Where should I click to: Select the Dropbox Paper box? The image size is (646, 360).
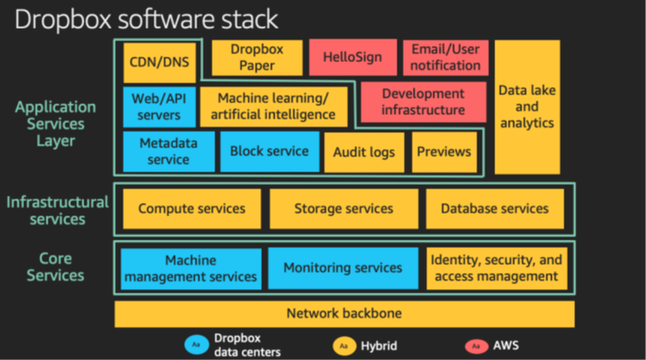coord(251,57)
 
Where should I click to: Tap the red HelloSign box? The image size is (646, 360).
coord(351,57)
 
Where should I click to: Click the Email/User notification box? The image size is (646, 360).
coord(446,57)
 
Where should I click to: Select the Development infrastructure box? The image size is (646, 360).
coord(423,101)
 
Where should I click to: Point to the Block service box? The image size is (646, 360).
coord(268,152)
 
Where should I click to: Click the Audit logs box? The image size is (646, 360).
coord(363,153)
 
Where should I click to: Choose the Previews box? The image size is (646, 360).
coord(444,152)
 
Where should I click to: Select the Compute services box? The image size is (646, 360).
coord(191,208)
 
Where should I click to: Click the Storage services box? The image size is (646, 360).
coord(344,208)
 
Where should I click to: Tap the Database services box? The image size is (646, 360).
coord(494,208)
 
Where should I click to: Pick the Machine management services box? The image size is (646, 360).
coord(191,268)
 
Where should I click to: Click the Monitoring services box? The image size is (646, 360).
coord(343,268)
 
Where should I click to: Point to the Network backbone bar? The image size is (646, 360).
coord(344,313)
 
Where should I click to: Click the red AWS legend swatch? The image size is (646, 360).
coord(474,345)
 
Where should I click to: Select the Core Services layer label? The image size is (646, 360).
coord(56,267)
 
